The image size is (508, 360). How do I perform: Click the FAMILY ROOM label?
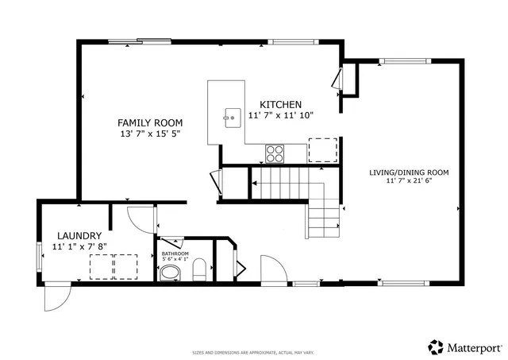tap(150, 122)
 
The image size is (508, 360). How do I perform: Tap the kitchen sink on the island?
tap(233, 119)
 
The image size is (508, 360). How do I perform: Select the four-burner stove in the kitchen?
tap(275, 153)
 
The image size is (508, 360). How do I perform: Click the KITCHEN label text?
tap(281, 104)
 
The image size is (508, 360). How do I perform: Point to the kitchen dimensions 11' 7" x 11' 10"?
tap(281, 115)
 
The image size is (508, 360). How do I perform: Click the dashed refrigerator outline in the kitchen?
tap(321, 149)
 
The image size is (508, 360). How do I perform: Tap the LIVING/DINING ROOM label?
tap(409, 172)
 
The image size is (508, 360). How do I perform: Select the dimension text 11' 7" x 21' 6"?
tap(409, 181)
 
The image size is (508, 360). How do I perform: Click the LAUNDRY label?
tap(79, 236)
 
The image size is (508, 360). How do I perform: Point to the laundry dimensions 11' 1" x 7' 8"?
tap(79, 247)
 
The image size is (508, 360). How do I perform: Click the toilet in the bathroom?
tap(199, 270)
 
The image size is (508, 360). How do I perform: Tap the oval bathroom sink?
tap(170, 274)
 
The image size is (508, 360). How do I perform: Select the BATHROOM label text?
tap(175, 254)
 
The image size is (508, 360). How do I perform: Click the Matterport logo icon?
tap(436, 346)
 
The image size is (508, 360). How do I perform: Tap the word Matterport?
tap(474, 347)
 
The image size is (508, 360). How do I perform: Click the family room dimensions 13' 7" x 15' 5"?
tap(150, 134)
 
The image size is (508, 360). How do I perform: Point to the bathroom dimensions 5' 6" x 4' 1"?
tap(175, 259)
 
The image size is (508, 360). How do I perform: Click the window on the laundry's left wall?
tap(39, 258)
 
